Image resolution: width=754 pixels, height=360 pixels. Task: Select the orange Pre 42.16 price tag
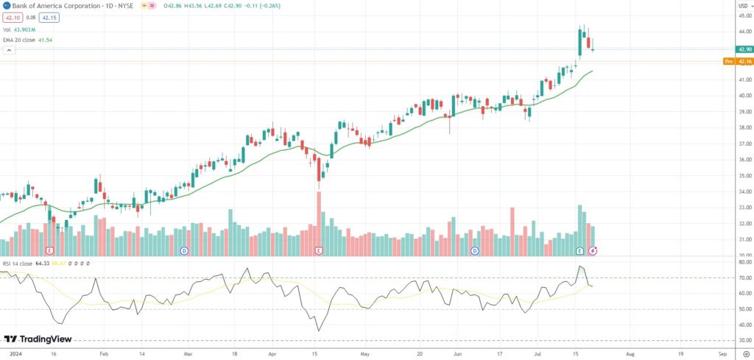point(738,61)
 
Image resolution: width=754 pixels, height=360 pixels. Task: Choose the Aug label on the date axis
point(630,353)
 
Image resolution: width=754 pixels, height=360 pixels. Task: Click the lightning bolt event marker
point(593,251)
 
